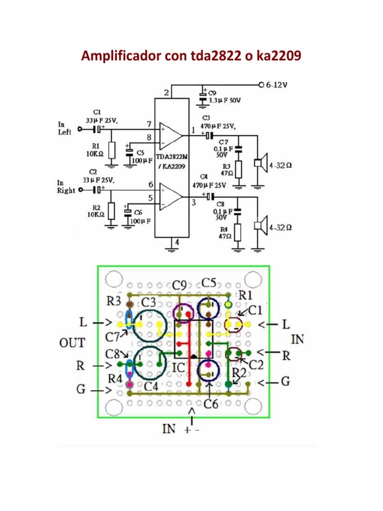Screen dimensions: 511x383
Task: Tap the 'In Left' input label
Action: point(65,128)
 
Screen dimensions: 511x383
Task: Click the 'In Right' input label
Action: point(66,187)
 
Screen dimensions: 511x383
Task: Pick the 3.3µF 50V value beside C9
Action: point(224,100)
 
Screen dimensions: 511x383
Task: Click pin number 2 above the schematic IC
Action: point(167,93)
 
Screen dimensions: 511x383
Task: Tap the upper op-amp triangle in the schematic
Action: point(170,134)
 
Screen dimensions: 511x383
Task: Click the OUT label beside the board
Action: point(72,343)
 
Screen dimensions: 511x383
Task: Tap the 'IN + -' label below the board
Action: point(180,429)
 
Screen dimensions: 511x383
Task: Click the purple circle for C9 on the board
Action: point(183,313)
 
